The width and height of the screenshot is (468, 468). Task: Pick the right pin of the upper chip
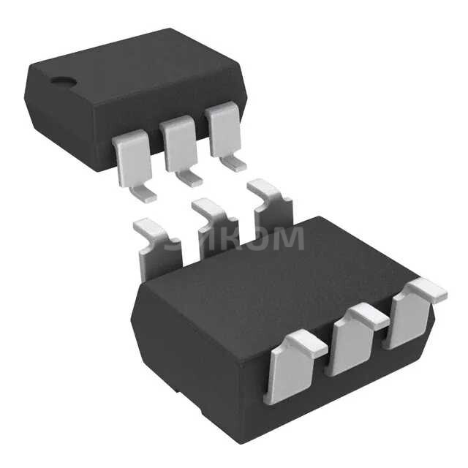223,129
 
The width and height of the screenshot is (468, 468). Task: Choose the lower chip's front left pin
292,366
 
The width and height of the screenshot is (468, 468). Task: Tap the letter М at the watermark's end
290,238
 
